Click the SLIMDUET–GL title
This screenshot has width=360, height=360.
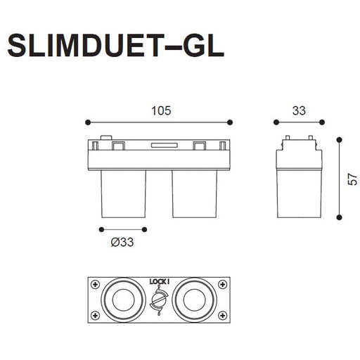coord(116,46)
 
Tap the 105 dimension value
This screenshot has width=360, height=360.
coord(161,111)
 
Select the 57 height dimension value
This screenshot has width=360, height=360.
coord(352,179)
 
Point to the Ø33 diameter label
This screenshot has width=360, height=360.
coord(122,242)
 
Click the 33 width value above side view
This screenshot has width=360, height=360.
coord(299,111)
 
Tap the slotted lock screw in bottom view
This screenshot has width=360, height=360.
coord(159,300)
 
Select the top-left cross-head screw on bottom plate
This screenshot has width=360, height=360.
coord(95,285)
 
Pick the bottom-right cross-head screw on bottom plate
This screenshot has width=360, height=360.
coord(222,315)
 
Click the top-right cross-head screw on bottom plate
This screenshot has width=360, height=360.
coord(222,285)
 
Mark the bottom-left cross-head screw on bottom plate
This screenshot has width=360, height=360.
coord(95,315)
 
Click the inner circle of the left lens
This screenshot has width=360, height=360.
coord(124,300)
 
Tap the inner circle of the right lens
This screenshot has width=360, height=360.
coord(195,300)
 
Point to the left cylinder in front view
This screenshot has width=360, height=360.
coord(124,194)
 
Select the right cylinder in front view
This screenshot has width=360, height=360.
coord(195,194)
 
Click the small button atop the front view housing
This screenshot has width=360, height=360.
coord(106,138)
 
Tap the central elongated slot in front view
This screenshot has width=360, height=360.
coord(164,146)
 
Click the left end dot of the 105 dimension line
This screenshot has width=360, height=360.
coord(88,122)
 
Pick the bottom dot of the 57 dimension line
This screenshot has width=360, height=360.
coord(339,217)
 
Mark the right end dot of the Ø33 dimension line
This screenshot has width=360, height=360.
coord(144,229)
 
